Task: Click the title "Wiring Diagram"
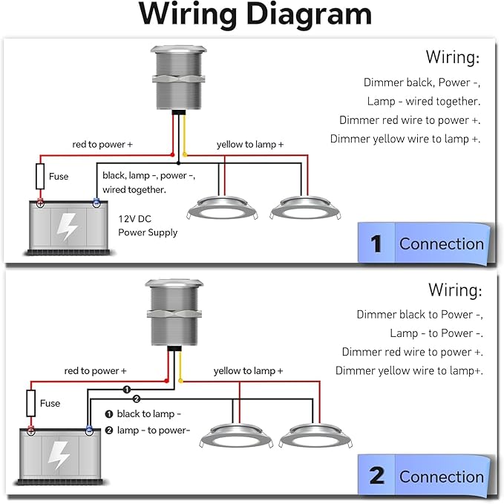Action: point(255,14)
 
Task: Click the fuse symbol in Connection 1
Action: point(40,176)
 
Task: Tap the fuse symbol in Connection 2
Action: point(31,403)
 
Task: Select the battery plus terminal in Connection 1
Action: point(40,203)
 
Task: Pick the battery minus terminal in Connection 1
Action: point(96,203)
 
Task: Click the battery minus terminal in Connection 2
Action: point(89,431)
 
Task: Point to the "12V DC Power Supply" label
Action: point(148,226)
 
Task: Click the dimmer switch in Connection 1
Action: point(178,79)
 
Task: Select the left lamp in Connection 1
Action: point(222,209)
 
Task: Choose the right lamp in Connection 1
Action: point(305,209)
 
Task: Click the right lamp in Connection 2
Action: point(315,436)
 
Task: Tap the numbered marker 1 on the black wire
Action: point(127,390)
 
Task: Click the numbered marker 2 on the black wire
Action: point(137,399)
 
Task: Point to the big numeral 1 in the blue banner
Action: point(376,244)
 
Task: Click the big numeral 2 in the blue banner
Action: point(377,476)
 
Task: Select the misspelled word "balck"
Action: point(419,82)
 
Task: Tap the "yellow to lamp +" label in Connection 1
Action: point(250,144)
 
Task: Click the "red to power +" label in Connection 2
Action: point(96,371)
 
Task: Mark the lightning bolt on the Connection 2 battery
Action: point(58,455)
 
